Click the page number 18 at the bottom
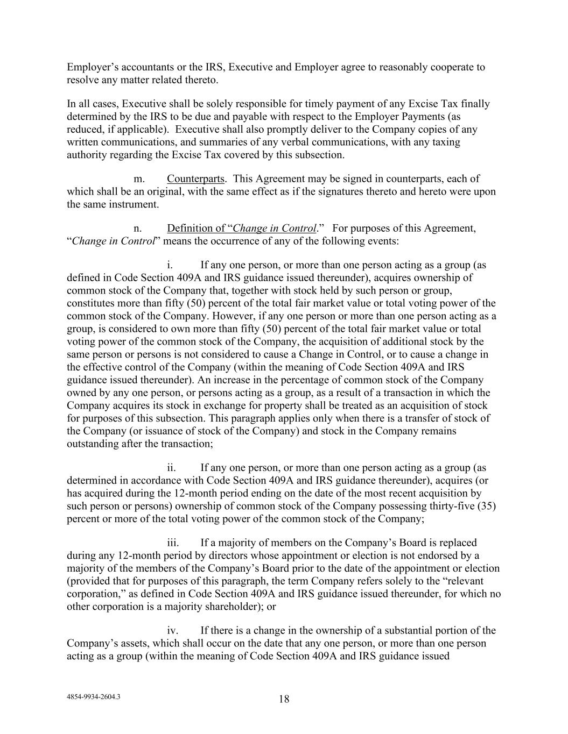[284, 699]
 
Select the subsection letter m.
[139, 179]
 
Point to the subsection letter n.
[138, 228]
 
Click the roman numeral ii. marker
[172, 468]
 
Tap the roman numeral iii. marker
[173, 543]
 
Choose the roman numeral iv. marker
[172, 630]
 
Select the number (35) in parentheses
[486, 506]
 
